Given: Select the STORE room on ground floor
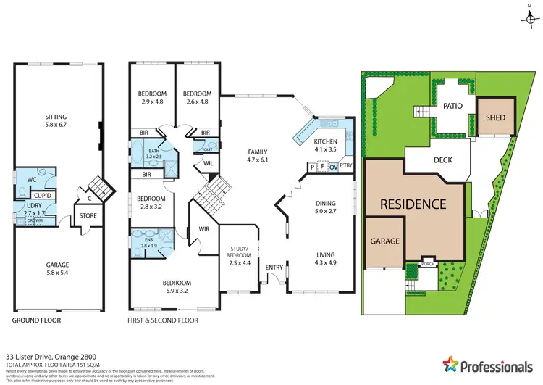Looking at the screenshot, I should point(88,215).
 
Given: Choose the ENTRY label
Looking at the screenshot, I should point(274,268).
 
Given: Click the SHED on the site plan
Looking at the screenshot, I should point(495,117).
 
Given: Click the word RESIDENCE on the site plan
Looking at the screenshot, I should point(414,204).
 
